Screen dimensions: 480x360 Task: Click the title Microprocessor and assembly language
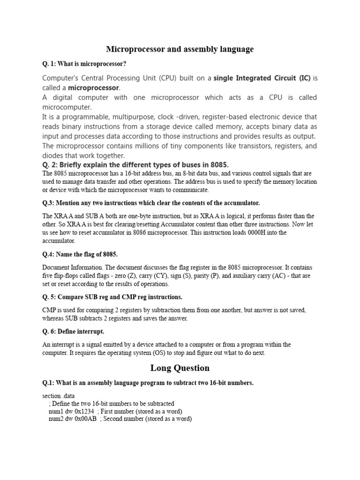[180, 49]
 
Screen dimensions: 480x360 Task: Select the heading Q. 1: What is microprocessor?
[84, 63]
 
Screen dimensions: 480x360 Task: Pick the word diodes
[53, 156]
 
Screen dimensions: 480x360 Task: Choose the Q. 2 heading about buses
[135, 165]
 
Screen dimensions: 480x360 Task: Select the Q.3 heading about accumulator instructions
[151, 202]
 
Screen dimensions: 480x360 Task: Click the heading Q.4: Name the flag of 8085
[80, 254]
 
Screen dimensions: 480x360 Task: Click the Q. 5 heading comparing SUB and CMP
[112, 297]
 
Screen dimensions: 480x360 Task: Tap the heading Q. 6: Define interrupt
[73, 331]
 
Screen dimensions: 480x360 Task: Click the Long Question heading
[180, 368]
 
